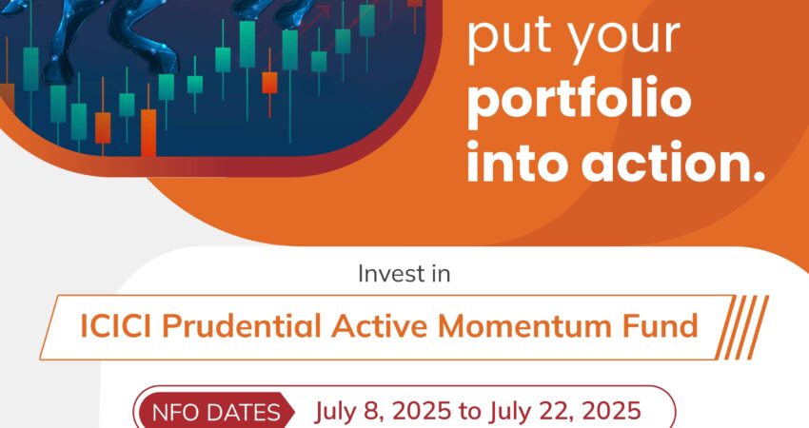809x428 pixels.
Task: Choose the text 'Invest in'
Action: click(404, 273)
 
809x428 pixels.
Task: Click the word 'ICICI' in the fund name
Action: click(115, 326)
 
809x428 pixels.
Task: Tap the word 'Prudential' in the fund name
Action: click(242, 326)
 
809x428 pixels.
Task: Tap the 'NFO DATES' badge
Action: click(215, 412)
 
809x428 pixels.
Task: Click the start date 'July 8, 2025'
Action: click(383, 412)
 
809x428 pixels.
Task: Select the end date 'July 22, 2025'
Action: click(565, 412)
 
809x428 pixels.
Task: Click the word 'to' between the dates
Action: click(470, 412)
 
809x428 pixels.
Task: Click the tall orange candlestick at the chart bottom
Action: click(148, 131)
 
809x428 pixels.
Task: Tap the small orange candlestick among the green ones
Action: click(269, 83)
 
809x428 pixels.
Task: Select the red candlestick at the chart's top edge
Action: click(415, 4)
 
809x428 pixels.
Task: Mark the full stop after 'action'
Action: click(759, 176)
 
